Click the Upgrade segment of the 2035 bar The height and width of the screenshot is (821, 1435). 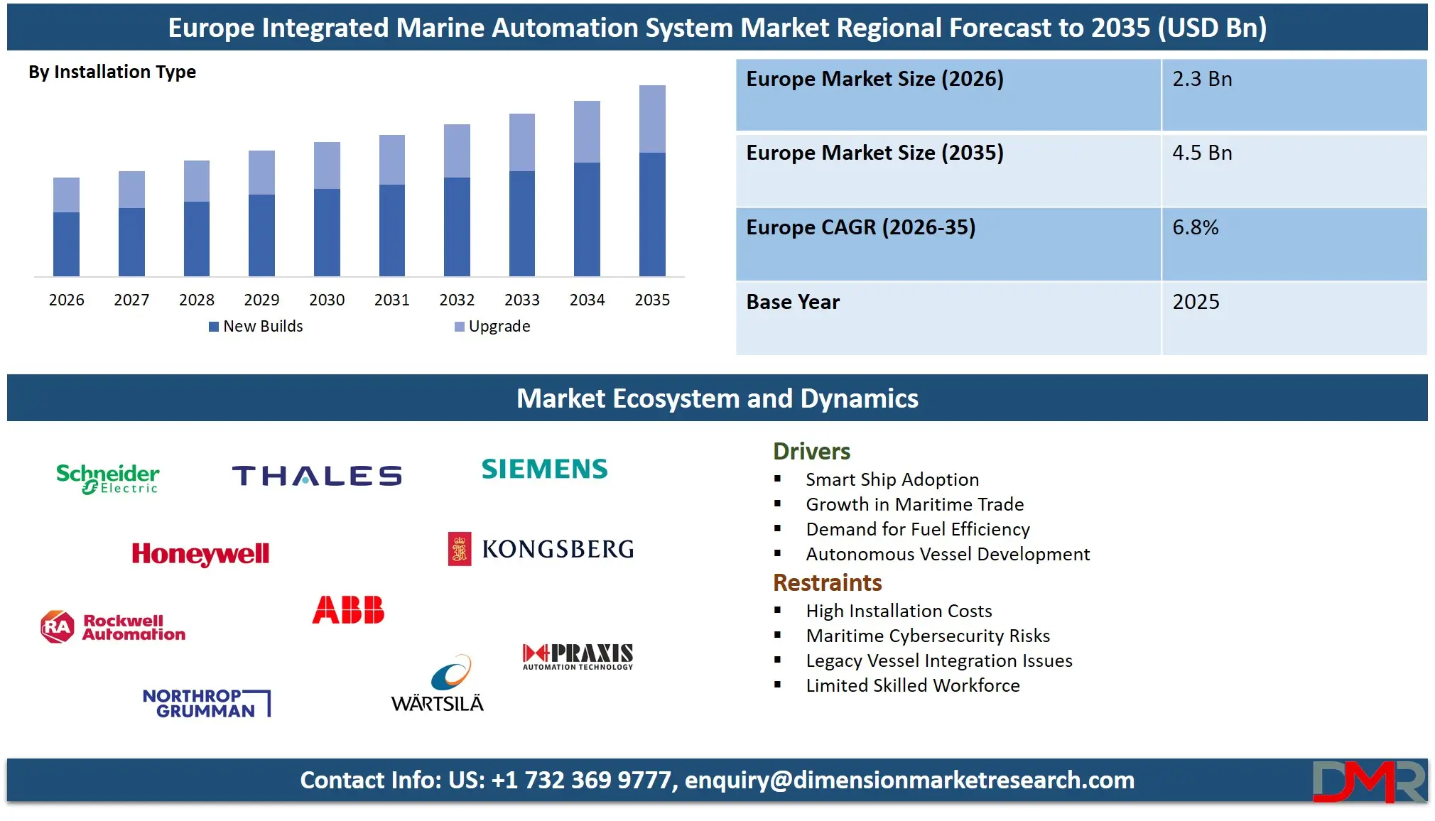[652, 119]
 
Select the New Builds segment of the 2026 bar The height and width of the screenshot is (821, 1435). [66, 244]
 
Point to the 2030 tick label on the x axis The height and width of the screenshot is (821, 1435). [327, 300]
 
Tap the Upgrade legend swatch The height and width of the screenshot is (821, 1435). [460, 327]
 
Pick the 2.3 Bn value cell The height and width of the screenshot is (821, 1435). [1202, 79]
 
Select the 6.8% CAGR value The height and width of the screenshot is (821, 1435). [1195, 227]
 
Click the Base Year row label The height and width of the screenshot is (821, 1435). [793, 302]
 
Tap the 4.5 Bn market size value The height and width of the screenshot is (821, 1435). [1202, 153]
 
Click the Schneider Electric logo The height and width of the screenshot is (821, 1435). [108, 478]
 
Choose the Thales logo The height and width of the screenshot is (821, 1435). [317, 475]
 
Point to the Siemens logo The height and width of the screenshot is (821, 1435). [545, 469]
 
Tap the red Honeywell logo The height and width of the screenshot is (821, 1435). [200, 554]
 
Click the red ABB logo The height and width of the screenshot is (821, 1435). [348, 610]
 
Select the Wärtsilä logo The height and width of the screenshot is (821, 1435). [438, 683]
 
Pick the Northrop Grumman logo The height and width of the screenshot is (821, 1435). [206, 703]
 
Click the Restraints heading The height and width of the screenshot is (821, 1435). [827, 582]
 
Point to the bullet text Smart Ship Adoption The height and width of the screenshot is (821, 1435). [892, 479]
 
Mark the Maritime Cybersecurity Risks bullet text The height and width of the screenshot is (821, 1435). [928, 636]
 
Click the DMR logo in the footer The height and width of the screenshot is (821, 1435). [1368, 781]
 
